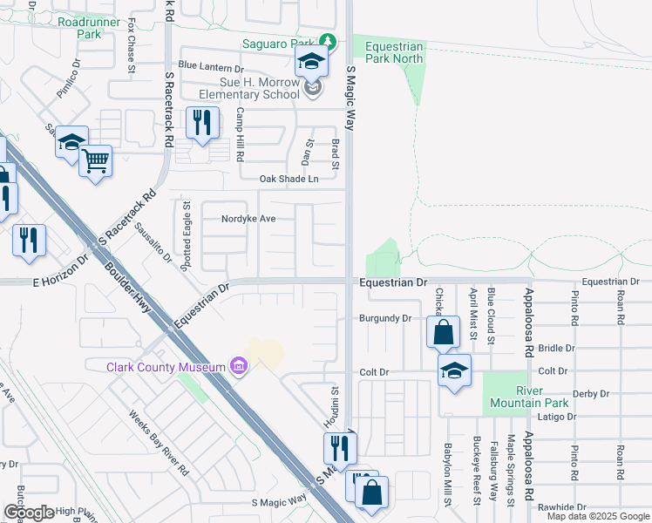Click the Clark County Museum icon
[238, 366]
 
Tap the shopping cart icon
[95, 160]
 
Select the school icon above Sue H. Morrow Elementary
[309, 62]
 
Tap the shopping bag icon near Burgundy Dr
[444, 331]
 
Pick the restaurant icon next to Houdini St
[340, 448]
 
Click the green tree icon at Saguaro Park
[327, 41]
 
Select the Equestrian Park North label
[394, 52]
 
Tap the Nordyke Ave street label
[248, 219]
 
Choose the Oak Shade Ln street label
[289, 179]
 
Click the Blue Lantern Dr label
[210, 66]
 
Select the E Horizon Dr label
[61, 270]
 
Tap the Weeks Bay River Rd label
[159, 443]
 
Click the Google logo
[29, 513]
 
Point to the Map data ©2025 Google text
[597, 516]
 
